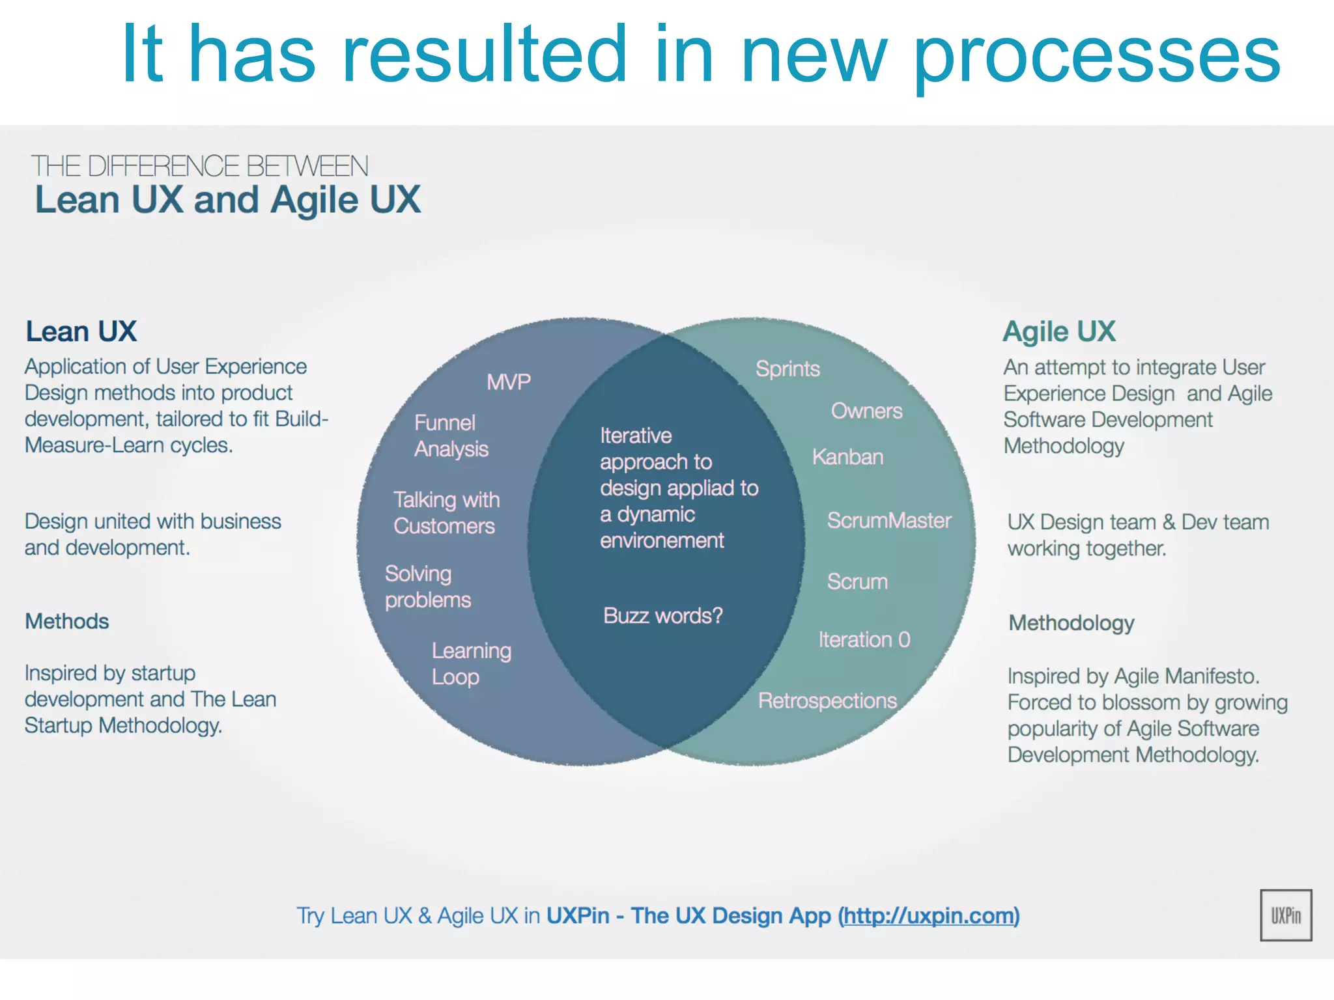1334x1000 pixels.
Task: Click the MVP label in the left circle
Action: (x=509, y=382)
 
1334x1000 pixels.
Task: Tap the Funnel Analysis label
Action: (x=451, y=436)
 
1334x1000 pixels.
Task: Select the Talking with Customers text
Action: (x=446, y=512)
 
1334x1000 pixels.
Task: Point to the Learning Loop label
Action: (x=471, y=663)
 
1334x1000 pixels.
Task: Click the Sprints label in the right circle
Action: (x=787, y=368)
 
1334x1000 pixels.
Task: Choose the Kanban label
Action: (x=847, y=456)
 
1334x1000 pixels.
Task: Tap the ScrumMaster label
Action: (x=888, y=520)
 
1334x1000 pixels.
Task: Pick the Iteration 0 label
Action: (x=864, y=639)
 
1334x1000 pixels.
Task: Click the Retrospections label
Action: (x=827, y=701)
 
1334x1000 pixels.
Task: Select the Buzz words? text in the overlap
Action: (x=662, y=615)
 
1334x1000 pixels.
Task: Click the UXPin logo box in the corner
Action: (x=1285, y=915)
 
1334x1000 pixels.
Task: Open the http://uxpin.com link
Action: (x=928, y=915)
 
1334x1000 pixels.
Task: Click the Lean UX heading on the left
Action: (x=81, y=331)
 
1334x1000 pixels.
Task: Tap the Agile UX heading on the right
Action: (x=1058, y=331)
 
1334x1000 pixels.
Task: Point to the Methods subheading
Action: (x=66, y=621)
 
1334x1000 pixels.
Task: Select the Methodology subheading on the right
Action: (x=1071, y=623)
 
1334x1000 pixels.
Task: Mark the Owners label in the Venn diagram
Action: (x=866, y=411)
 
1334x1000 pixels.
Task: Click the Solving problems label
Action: (x=427, y=587)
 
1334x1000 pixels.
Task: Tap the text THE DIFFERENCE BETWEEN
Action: (x=199, y=166)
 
